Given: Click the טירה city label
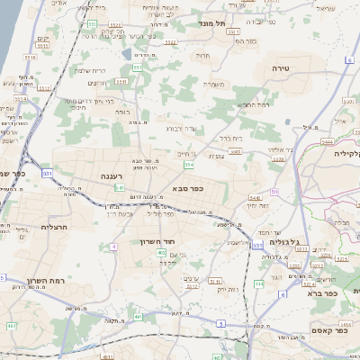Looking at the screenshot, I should point(279,68).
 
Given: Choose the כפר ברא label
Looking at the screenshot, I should point(320,293).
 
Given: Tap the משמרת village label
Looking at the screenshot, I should point(213,85).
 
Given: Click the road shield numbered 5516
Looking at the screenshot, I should point(31,58).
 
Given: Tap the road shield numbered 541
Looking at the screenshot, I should point(120,188).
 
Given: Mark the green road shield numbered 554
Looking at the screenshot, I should point(188,165).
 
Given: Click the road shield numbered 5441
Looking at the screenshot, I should point(254,197).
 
